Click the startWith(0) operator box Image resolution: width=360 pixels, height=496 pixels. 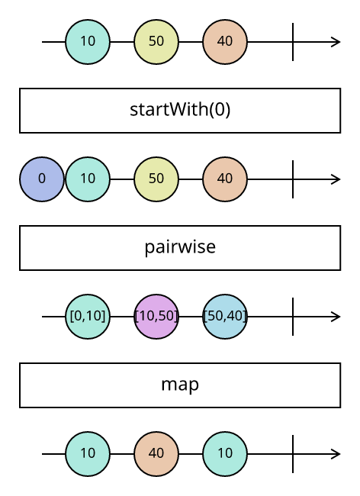point(180,111)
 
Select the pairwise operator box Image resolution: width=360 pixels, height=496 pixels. point(180,248)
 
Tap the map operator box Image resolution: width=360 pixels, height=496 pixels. point(180,385)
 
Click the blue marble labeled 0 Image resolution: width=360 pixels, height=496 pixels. point(42,179)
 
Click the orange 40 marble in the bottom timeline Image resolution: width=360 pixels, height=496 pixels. point(156,453)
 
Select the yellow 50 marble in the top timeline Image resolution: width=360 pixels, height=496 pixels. point(156,42)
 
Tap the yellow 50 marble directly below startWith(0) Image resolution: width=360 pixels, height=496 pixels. point(156,179)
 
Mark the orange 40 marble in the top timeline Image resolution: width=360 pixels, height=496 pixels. point(225,42)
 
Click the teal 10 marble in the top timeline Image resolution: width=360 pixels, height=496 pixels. point(88,42)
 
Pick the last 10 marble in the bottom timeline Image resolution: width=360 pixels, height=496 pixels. point(225,453)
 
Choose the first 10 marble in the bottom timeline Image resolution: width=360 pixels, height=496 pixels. point(88,453)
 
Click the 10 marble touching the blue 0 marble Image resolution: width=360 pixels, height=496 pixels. point(88,179)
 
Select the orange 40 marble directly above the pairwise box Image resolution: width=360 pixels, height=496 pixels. point(225,179)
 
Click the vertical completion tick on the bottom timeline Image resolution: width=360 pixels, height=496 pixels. point(293,453)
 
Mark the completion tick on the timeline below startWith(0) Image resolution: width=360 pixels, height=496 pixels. point(293,179)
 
